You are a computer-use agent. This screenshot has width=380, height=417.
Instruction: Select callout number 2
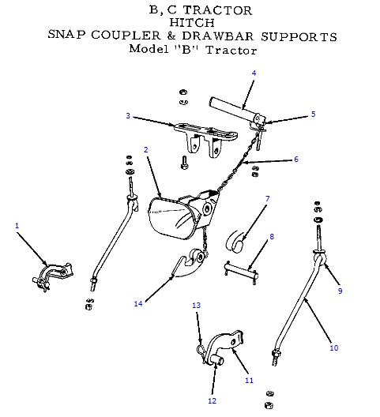coord(146,149)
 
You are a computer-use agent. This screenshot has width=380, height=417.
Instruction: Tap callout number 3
coord(127,116)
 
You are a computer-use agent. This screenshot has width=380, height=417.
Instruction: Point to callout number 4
coord(254,73)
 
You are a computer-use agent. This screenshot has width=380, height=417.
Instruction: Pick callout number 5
coord(313,114)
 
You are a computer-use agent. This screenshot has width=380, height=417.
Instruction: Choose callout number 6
coord(296,159)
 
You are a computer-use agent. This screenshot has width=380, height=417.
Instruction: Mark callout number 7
coord(268,198)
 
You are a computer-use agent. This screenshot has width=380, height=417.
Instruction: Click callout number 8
coord(272,235)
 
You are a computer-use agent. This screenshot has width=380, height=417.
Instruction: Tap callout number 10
coord(333,347)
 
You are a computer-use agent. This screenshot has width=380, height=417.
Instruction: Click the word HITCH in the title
coord(190,23)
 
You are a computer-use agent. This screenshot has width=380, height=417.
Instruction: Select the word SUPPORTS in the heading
coord(300,36)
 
